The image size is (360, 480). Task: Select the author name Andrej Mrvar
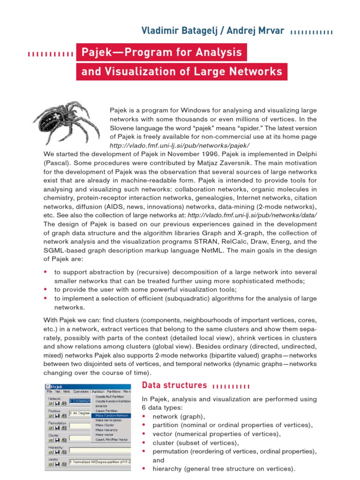point(255,31)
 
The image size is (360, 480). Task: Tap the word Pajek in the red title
point(97,52)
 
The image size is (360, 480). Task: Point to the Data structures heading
point(174,385)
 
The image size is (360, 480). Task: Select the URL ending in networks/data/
point(252,215)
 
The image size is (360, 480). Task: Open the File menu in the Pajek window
point(49,391)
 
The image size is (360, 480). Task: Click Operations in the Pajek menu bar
point(81,391)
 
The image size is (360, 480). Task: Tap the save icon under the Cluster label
point(57,440)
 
